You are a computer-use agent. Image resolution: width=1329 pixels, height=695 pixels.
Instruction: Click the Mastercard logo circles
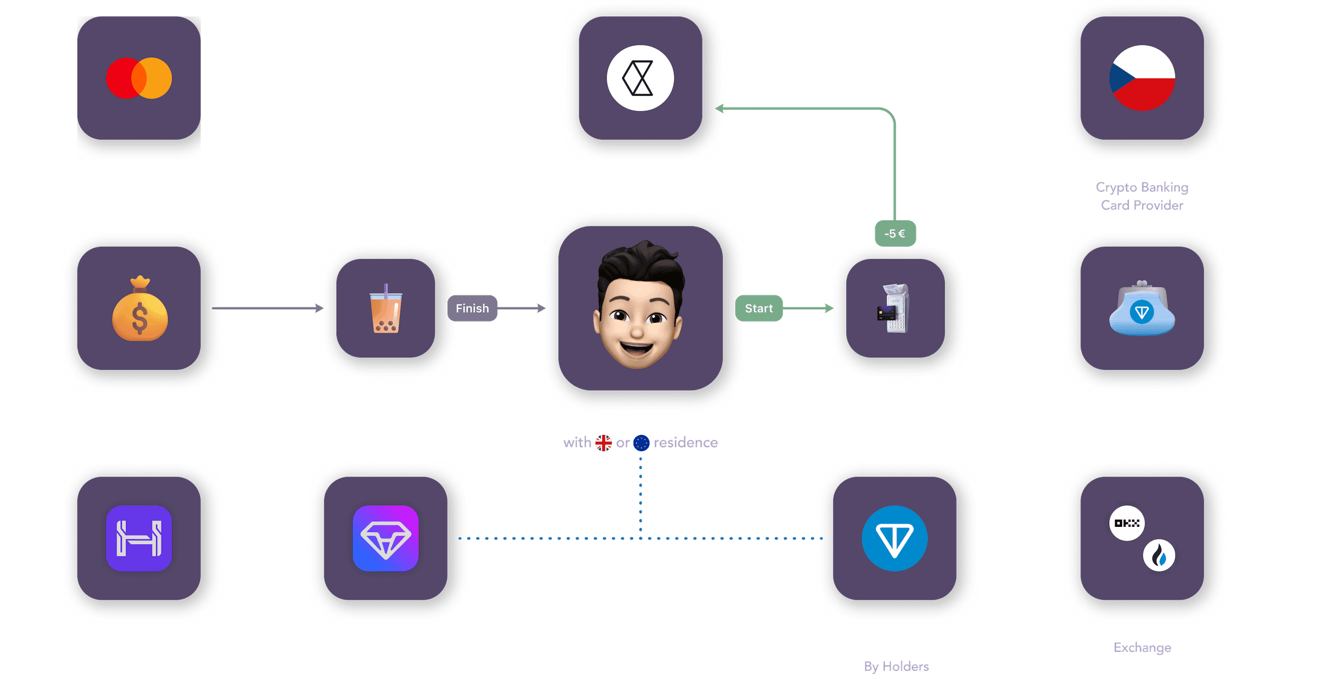point(139,78)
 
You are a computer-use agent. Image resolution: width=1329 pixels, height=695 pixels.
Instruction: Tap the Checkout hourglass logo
point(640,78)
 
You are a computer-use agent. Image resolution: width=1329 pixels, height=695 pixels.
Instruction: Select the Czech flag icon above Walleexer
point(1142,78)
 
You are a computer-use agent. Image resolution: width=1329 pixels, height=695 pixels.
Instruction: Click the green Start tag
point(759,308)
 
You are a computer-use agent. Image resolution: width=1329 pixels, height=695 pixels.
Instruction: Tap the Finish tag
point(472,308)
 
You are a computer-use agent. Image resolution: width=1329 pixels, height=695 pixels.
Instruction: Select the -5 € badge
point(895,233)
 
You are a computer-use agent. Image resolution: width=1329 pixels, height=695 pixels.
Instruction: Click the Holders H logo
point(139,538)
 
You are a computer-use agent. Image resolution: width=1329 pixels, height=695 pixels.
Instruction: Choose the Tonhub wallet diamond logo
point(385,538)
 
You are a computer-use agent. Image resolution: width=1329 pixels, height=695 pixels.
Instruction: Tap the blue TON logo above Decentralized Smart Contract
point(894,538)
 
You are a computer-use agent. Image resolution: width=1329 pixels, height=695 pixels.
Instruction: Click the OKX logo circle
point(1127,523)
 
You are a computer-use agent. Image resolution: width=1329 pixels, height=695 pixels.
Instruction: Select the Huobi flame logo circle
point(1159,555)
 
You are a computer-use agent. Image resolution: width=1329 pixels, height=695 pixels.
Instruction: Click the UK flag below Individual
point(603,443)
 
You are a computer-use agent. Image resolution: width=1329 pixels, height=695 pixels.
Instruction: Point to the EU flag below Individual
point(641,443)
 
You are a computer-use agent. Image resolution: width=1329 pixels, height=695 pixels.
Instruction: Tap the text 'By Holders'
point(896,666)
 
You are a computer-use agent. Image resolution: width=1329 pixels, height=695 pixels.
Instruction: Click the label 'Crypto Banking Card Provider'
point(1142,196)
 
